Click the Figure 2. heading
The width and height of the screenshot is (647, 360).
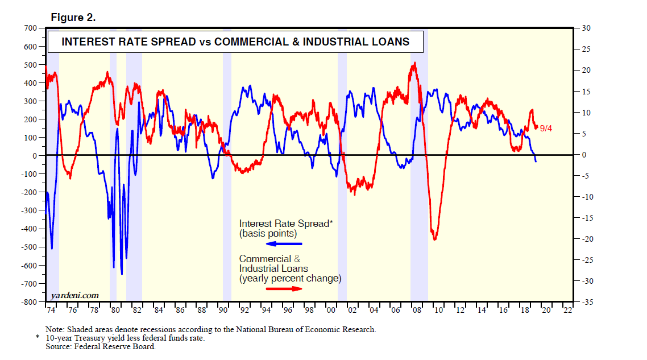(x=73, y=18)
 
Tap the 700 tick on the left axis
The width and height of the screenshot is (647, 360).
(x=30, y=28)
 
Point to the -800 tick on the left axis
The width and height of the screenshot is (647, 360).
(x=28, y=301)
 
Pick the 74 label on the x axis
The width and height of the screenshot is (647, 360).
(x=50, y=311)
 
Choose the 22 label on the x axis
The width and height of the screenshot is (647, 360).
(x=567, y=311)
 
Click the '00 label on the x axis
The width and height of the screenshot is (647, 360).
(x=330, y=311)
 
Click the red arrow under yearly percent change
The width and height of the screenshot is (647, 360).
(x=284, y=288)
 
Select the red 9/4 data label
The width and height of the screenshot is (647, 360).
(x=546, y=129)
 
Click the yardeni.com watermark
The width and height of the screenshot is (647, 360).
(x=74, y=295)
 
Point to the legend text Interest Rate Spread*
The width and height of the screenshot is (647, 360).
(x=284, y=224)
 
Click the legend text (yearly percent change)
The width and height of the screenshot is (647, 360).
(x=290, y=279)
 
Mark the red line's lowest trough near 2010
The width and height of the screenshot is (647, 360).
(x=435, y=239)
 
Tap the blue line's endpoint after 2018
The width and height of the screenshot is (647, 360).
(x=536, y=162)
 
